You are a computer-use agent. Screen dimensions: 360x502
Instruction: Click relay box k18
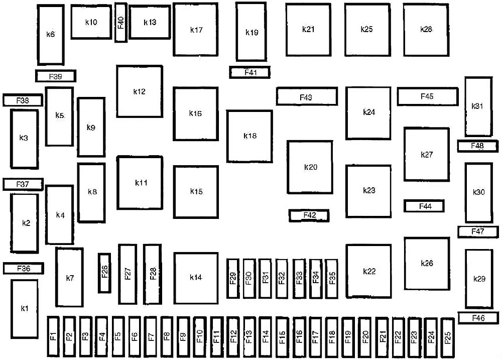tap(249, 136)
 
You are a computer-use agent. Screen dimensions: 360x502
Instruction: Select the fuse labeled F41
tap(250, 73)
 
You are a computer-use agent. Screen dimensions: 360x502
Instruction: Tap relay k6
tap(50, 35)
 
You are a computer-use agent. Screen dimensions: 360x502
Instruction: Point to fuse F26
tap(104, 272)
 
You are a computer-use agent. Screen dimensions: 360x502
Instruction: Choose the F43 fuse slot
tap(306, 96)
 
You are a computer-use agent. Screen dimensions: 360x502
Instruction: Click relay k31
tap(478, 106)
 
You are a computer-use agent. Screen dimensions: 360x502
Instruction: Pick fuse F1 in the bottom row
tap(54, 337)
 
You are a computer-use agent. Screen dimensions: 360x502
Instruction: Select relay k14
tap(196, 277)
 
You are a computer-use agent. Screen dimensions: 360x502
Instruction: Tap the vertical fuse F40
tap(120, 23)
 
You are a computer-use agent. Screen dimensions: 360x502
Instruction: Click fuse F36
tap(23, 269)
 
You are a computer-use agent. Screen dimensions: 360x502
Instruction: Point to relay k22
tap(368, 271)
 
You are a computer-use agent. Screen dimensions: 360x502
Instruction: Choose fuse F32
tap(282, 279)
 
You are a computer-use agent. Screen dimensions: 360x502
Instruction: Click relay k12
tap(140, 91)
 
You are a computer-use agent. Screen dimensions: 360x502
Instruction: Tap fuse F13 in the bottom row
tap(249, 337)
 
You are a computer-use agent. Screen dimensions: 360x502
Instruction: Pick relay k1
tap(24, 308)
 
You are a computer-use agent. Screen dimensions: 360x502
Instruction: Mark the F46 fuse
tap(478, 318)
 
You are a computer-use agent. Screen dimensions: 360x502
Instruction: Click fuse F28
tap(152, 274)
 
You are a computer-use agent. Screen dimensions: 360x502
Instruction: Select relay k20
tap(310, 167)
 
